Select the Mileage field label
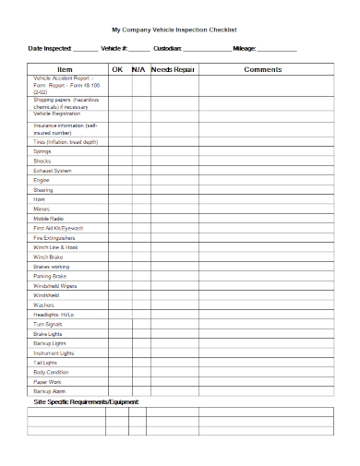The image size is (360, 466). pos(246,48)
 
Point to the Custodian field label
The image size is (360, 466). pos(168,48)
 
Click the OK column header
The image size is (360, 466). pos(117,69)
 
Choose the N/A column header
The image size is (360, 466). pos(138,69)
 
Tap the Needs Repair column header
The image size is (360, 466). pos(174,69)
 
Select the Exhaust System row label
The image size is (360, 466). pos(53,171)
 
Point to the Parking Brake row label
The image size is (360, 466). pos(50,276)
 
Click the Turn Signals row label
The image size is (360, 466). pos(48,325)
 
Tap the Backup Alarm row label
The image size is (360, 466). pos(49,392)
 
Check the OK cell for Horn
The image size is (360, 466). pos(117,199)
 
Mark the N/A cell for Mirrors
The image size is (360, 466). pos(138,209)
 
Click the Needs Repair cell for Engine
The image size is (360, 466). pos(174,180)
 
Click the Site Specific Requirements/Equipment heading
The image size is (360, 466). pos(86,403)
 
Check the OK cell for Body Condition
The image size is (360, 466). pos(117,373)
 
